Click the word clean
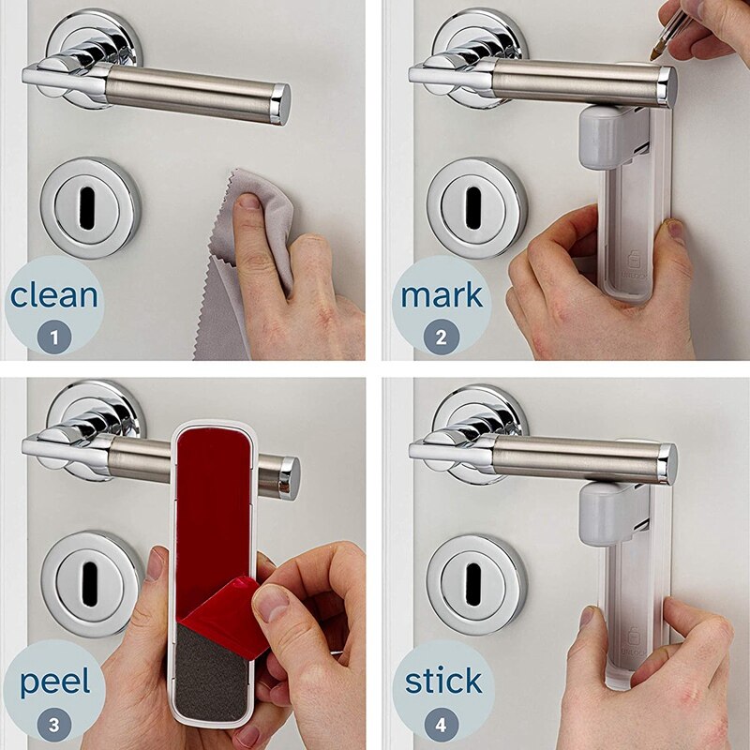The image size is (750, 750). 54,295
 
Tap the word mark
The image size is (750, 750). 442,295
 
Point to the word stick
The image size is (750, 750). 443,680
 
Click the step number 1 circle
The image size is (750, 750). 54,337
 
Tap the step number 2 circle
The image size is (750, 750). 441,337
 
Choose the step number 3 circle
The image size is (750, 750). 54,724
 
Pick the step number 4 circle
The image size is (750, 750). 441,724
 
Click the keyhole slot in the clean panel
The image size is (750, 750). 87,207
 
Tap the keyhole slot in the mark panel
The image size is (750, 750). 473,207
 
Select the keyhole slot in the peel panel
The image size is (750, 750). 90,583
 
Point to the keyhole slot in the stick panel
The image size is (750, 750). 473,583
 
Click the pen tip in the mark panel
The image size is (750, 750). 652,58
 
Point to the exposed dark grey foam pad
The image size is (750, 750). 210,674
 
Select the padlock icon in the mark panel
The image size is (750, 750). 635,260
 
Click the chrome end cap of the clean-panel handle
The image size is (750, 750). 280,104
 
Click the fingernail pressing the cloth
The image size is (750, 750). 248,202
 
